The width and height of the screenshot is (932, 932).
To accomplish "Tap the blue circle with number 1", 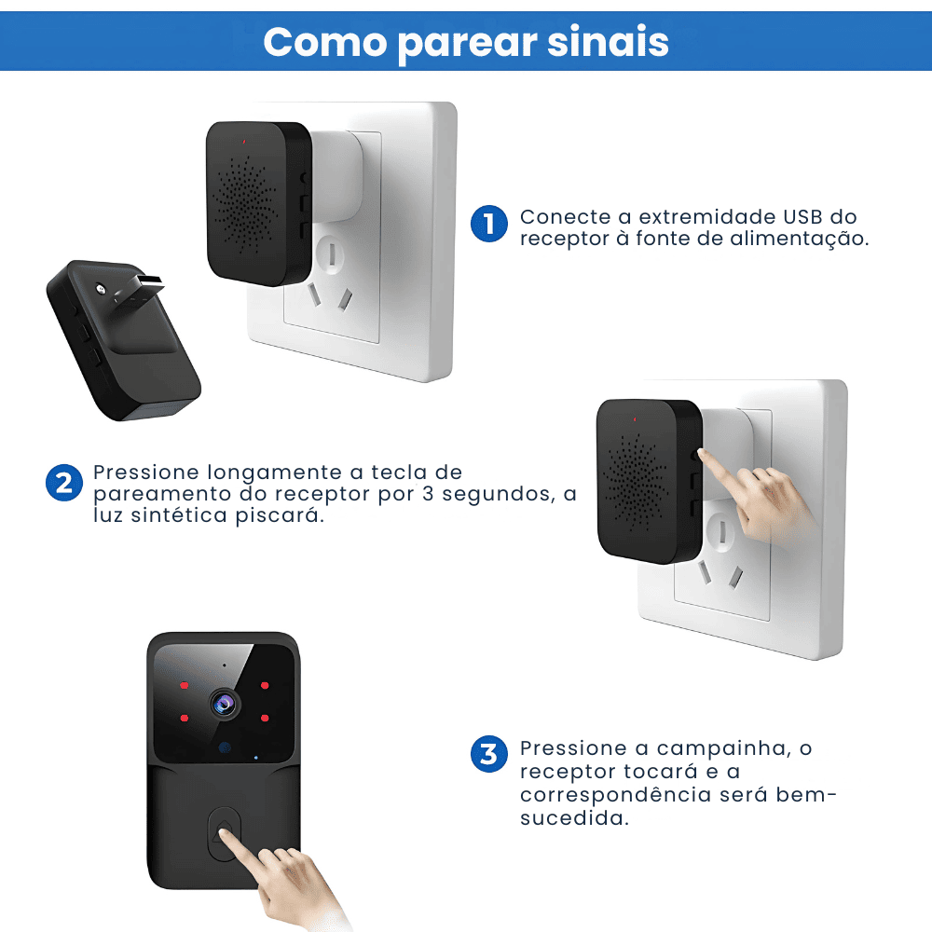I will [488, 225].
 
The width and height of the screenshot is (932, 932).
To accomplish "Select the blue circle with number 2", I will [63, 483].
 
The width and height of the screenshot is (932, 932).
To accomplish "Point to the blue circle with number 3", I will [488, 754].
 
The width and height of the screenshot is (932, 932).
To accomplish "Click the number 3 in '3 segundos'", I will [428, 494].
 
